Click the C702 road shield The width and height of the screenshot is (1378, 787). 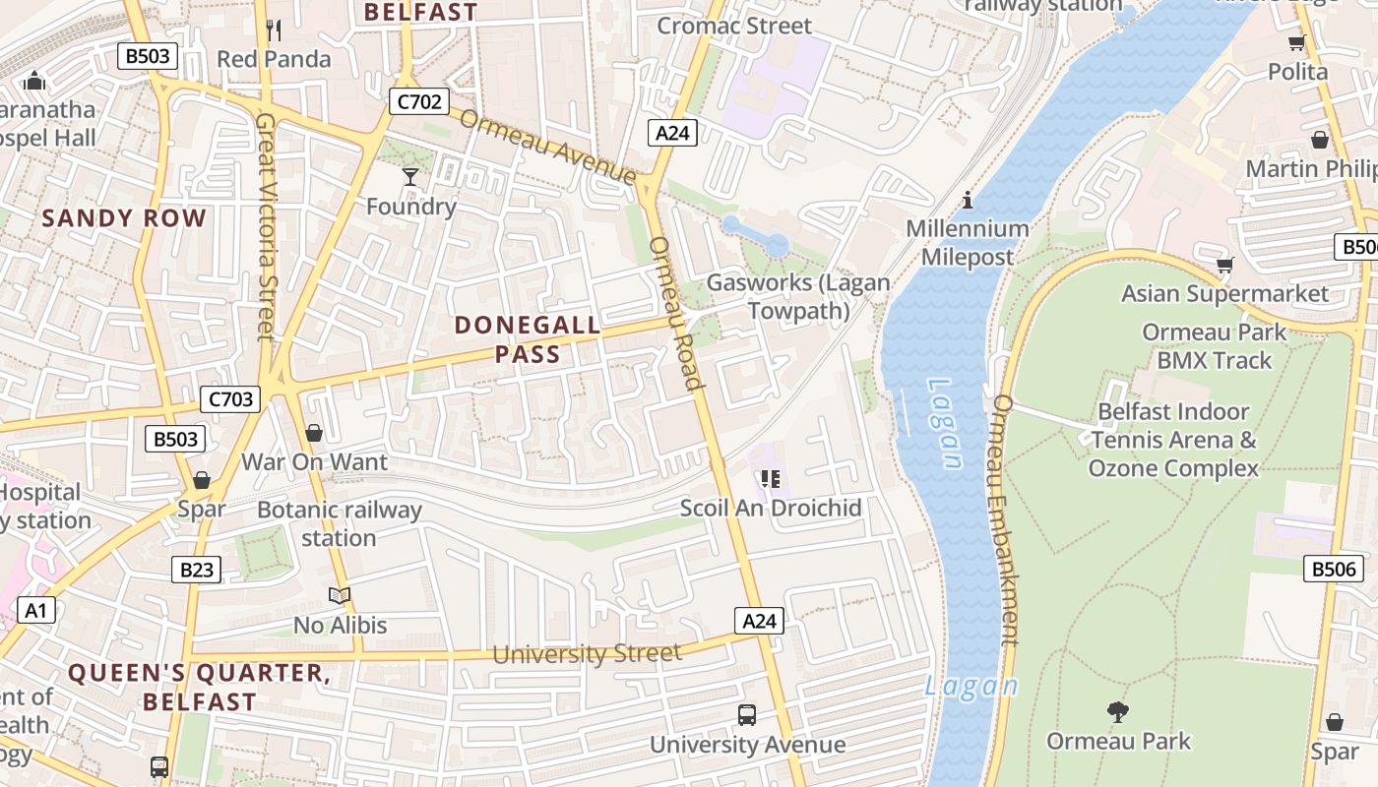[419, 101]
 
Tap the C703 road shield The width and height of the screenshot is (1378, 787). [230, 399]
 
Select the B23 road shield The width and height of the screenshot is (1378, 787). [196, 570]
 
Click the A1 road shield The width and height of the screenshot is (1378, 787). [36, 611]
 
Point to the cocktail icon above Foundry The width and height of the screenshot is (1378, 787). [410, 177]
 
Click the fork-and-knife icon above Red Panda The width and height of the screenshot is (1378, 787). [274, 30]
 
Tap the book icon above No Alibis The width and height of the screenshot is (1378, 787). [340, 596]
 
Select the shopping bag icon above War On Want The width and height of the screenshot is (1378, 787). [314, 433]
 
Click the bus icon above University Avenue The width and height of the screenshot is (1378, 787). [747, 715]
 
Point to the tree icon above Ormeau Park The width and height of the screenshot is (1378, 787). [1117, 711]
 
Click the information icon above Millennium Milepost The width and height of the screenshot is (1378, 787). [968, 201]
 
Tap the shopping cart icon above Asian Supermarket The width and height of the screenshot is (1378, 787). [1225, 266]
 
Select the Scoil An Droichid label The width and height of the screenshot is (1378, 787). [771, 508]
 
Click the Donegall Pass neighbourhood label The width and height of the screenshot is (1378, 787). [528, 339]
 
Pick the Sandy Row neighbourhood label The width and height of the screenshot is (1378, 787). [124, 218]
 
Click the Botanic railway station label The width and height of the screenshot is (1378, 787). [339, 523]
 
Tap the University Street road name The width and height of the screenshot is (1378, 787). [587, 654]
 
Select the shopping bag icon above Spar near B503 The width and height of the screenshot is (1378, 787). [202, 481]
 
